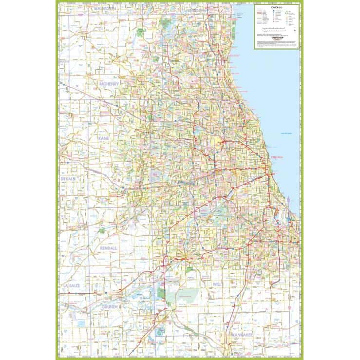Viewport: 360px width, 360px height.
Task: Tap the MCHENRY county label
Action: (x=109, y=84)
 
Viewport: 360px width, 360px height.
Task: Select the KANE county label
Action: (x=103, y=139)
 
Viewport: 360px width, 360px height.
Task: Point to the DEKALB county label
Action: (x=68, y=179)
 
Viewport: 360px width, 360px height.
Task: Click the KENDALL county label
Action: (x=108, y=248)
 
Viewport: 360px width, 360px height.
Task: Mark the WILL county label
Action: (x=217, y=284)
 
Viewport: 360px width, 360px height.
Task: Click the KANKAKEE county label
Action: (x=240, y=336)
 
